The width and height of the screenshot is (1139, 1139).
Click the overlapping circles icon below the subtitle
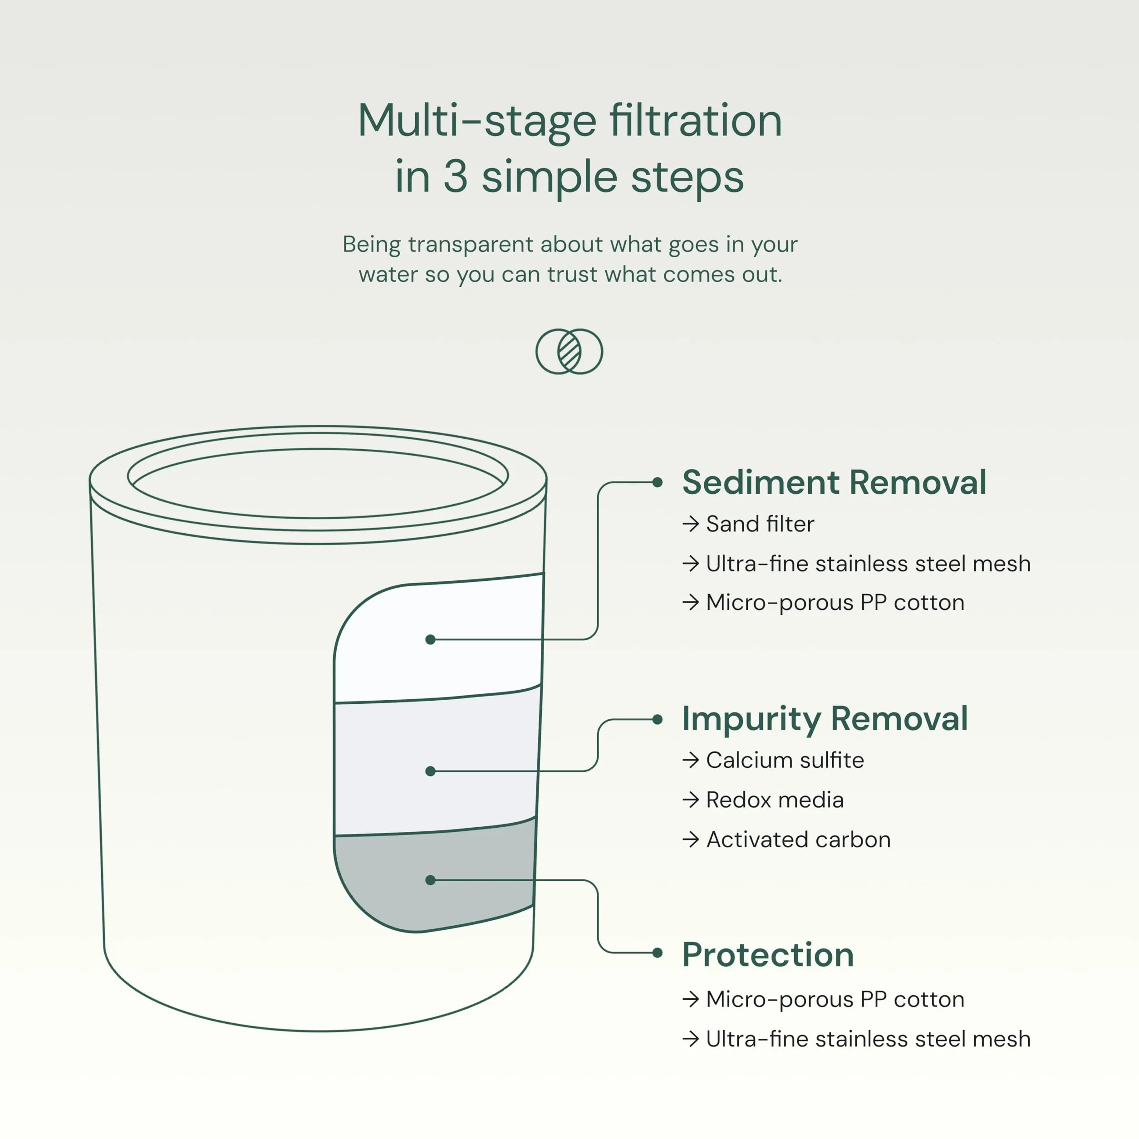coord(569,351)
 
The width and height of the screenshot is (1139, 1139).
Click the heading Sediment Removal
coord(834,482)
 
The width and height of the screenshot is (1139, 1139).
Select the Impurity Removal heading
coord(825,719)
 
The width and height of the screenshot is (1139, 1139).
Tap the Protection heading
coord(768,955)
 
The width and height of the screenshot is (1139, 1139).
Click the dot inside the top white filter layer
coord(430,640)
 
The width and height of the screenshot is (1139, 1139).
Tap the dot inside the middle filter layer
coord(430,771)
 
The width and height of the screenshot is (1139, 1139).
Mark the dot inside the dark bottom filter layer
coord(430,880)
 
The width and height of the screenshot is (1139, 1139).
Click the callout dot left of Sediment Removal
coord(658,482)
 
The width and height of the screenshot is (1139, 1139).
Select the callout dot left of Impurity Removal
coord(658,719)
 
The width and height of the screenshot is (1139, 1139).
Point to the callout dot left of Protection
coord(658,952)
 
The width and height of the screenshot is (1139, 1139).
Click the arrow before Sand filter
coord(690,524)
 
